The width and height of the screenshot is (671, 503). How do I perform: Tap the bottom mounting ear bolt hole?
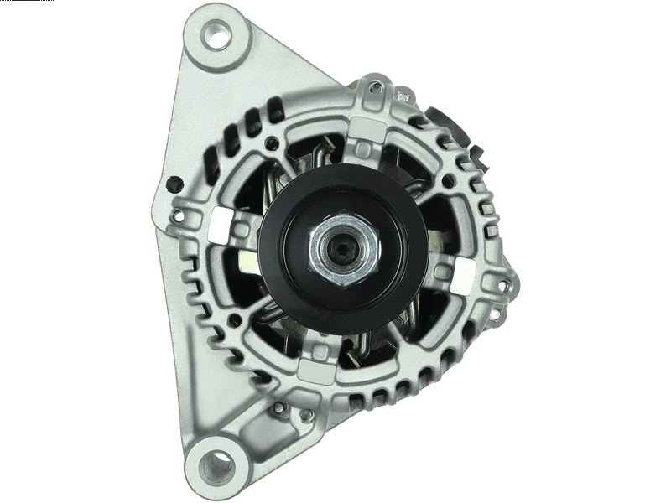[x=217, y=464]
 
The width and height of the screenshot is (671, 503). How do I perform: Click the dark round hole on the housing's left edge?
[x=175, y=184]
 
